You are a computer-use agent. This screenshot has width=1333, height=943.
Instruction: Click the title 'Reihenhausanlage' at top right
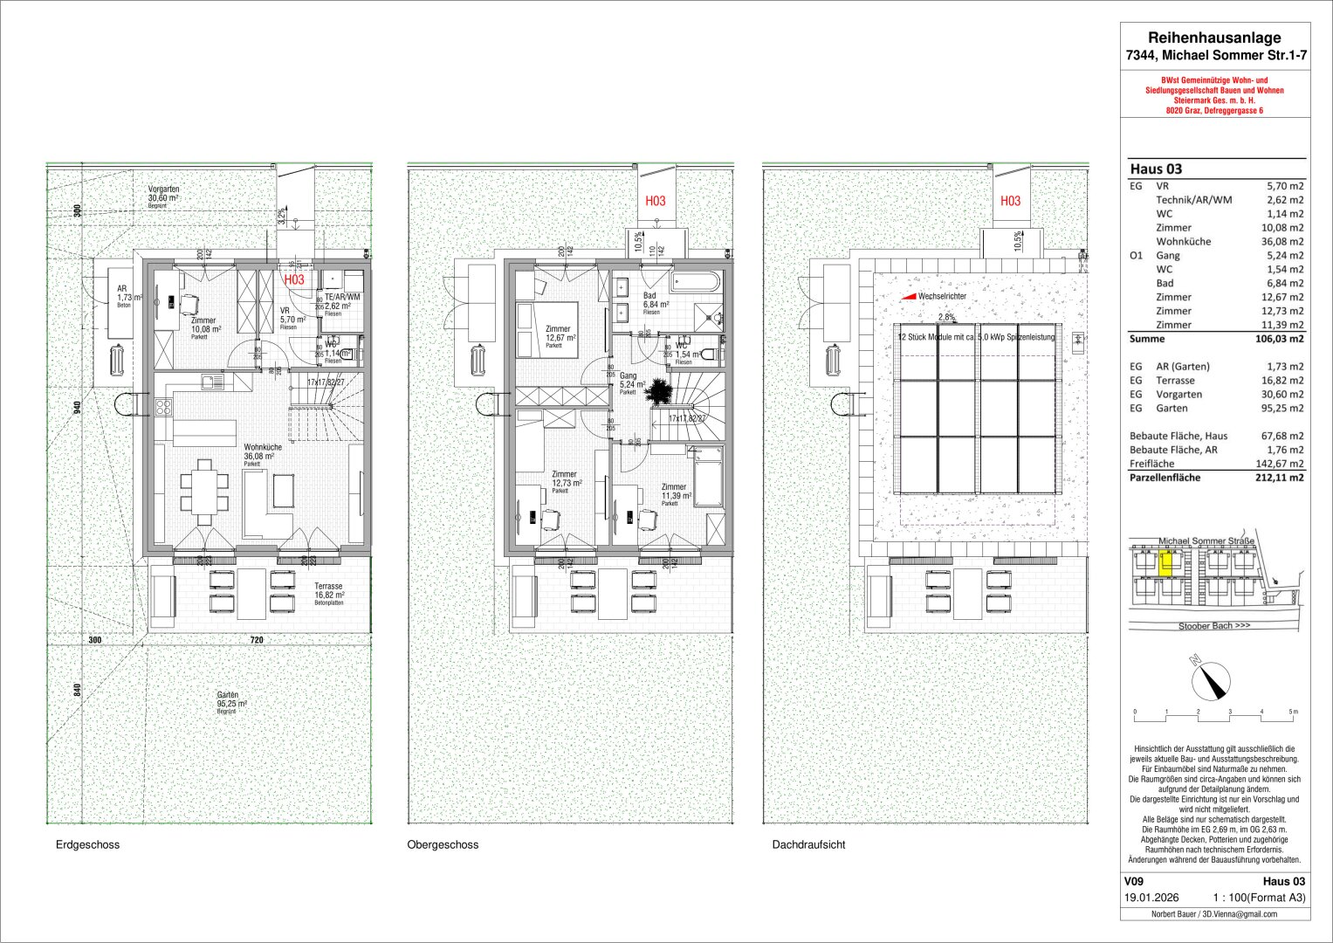pos(1213,38)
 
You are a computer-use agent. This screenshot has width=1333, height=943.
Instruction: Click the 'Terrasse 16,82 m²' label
pos(329,593)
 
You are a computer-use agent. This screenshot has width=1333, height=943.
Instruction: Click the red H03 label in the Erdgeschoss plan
pos(294,280)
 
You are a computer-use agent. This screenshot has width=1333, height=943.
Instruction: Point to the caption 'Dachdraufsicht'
pos(807,845)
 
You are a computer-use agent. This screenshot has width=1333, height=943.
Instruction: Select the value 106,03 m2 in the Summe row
pos(1278,339)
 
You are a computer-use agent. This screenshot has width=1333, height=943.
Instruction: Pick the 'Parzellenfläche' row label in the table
pos(1165,478)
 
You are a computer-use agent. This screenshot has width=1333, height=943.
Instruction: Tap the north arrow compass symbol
pos(1207,678)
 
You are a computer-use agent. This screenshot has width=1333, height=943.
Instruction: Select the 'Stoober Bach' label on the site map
pos(1213,626)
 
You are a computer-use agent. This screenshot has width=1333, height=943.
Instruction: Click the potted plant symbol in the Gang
pos(658,394)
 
